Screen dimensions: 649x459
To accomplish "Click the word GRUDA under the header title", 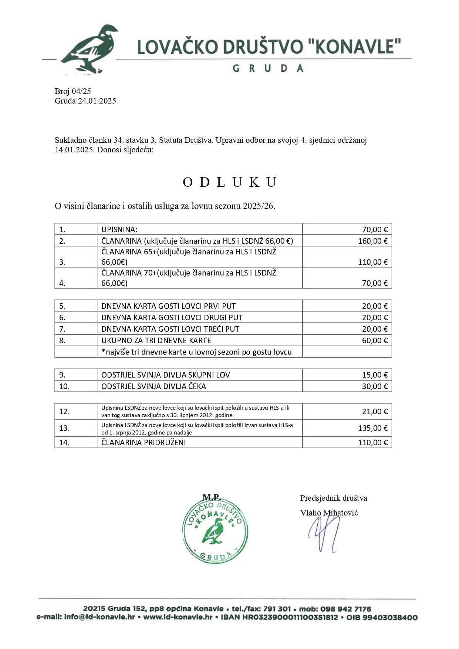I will [x=268, y=68].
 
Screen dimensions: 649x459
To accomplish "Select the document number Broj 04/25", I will [x=73, y=91].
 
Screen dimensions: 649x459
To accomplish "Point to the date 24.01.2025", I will [x=97, y=101].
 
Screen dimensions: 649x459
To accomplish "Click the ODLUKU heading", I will [x=230, y=182].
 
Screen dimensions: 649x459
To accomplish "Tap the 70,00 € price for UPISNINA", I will [x=374, y=229].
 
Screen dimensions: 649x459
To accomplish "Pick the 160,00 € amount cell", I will [x=372, y=241].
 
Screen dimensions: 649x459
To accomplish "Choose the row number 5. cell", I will [x=62, y=306].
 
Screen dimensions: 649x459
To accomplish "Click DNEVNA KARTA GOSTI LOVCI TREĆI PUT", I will [x=170, y=329].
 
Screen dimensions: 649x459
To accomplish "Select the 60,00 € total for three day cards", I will [x=374, y=341].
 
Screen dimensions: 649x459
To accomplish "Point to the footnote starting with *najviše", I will [x=196, y=352].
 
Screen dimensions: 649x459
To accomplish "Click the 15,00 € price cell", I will [x=374, y=375].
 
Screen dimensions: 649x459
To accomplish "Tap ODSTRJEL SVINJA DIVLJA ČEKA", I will [x=153, y=386].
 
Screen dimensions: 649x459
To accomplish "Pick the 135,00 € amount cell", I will [x=372, y=428].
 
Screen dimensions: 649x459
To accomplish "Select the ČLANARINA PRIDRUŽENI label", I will [x=144, y=443].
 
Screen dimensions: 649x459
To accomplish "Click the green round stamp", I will [x=215, y=532].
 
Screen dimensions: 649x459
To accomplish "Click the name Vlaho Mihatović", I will [x=329, y=513].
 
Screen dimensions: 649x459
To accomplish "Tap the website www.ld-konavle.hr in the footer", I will [x=178, y=617].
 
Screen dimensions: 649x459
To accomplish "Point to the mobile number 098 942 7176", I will [x=346, y=609].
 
